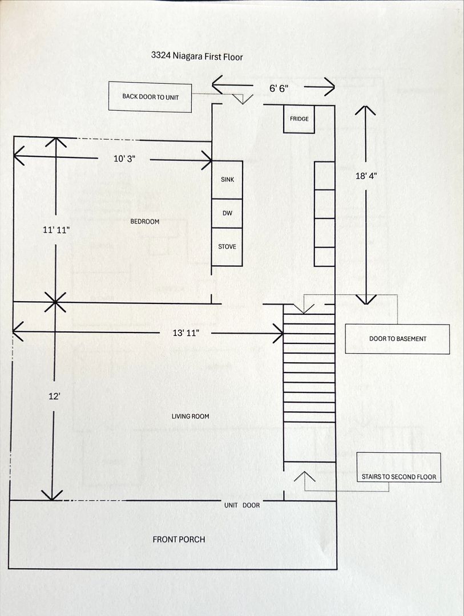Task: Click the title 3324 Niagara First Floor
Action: tap(197, 56)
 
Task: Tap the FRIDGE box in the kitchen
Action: tap(299, 119)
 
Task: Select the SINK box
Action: tap(227, 180)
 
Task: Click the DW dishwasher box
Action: tap(227, 213)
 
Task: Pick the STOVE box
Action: tap(227, 247)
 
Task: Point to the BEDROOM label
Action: tap(145, 221)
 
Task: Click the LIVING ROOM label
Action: tap(191, 416)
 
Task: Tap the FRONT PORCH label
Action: tap(179, 540)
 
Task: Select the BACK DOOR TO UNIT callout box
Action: tap(151, 97)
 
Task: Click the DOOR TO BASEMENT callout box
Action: tap(397, 339)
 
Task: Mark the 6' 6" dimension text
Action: tap(279, 88)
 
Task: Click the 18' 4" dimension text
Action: tap(366, 177)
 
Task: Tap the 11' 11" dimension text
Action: tap(56, 230)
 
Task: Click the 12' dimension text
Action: tap(54, 397)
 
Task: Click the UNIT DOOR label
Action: tap(242, 505)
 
